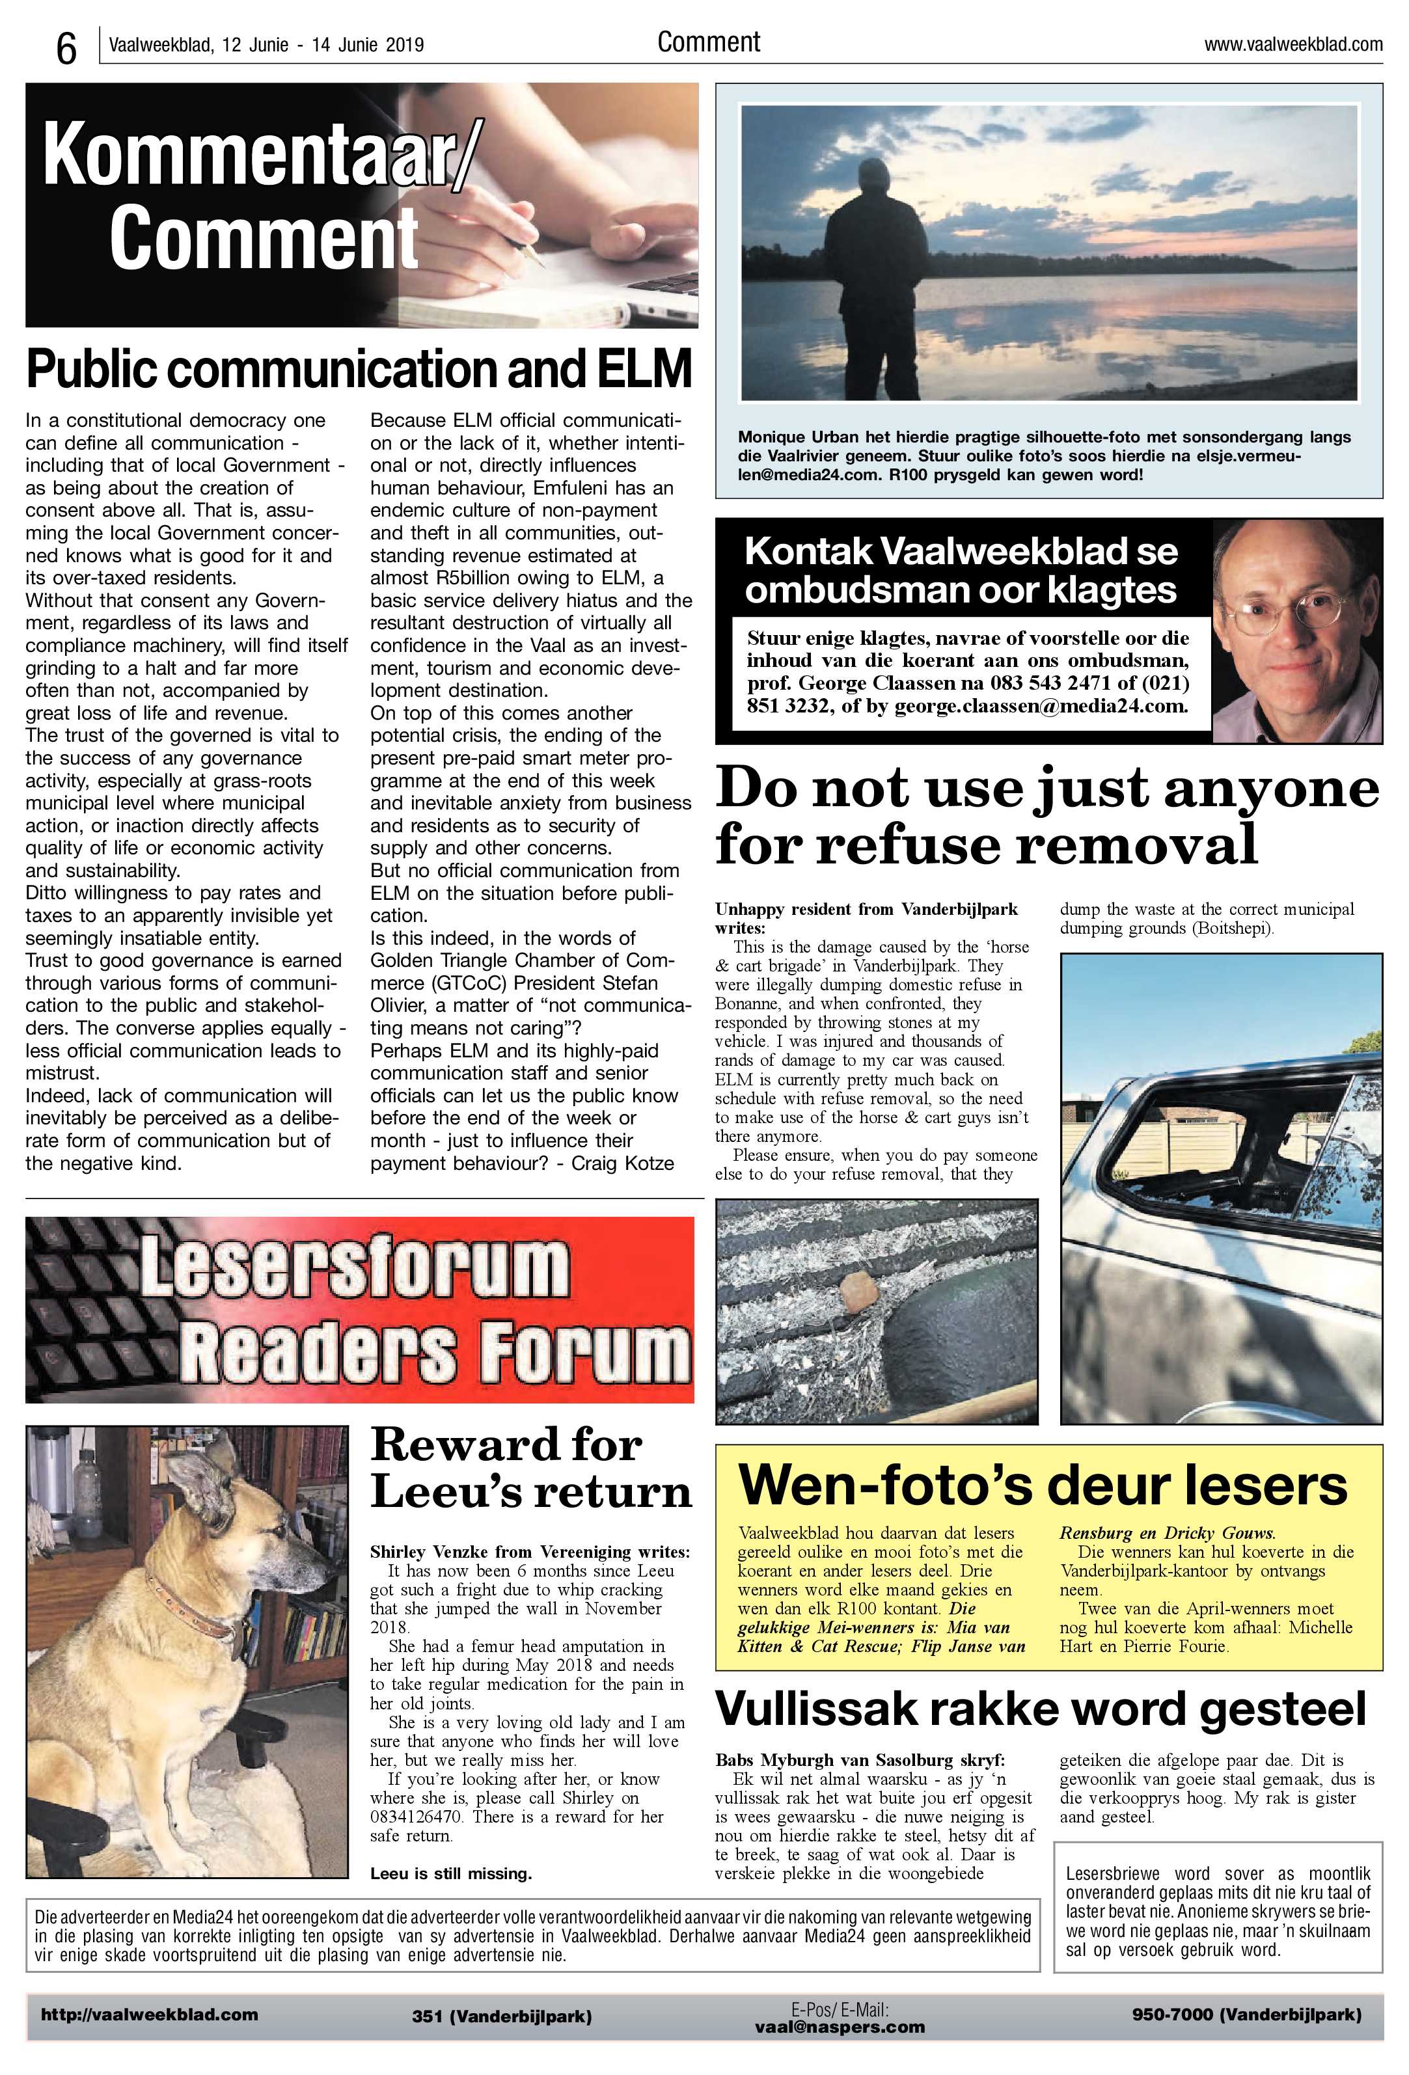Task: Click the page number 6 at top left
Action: point(66,48)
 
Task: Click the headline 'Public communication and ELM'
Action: point(359,369)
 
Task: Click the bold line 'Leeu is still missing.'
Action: point(451,1873)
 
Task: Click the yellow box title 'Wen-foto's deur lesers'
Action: point(1042,1484)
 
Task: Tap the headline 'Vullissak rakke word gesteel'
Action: point(1040,1709)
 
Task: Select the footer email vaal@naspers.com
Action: point(840,2027)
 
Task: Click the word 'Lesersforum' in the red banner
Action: point(353,1266)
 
